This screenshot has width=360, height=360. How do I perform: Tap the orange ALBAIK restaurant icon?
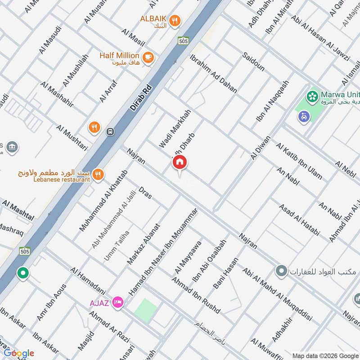click(175, 20)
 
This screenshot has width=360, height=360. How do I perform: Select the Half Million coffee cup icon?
click(148, 57)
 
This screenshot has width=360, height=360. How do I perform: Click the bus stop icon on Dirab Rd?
click(110, 132)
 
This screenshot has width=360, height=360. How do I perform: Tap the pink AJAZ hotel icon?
click(118, 301)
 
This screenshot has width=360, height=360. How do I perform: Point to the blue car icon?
click(304, 117)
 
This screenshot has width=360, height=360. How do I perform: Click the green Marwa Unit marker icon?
click(311, 96)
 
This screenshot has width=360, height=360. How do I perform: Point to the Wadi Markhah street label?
click(175, 129)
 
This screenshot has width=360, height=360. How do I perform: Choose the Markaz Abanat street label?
click(144, 244)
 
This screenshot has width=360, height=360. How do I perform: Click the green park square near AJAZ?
click(146, 310)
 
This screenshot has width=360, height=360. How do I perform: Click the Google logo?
click(19, 353)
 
